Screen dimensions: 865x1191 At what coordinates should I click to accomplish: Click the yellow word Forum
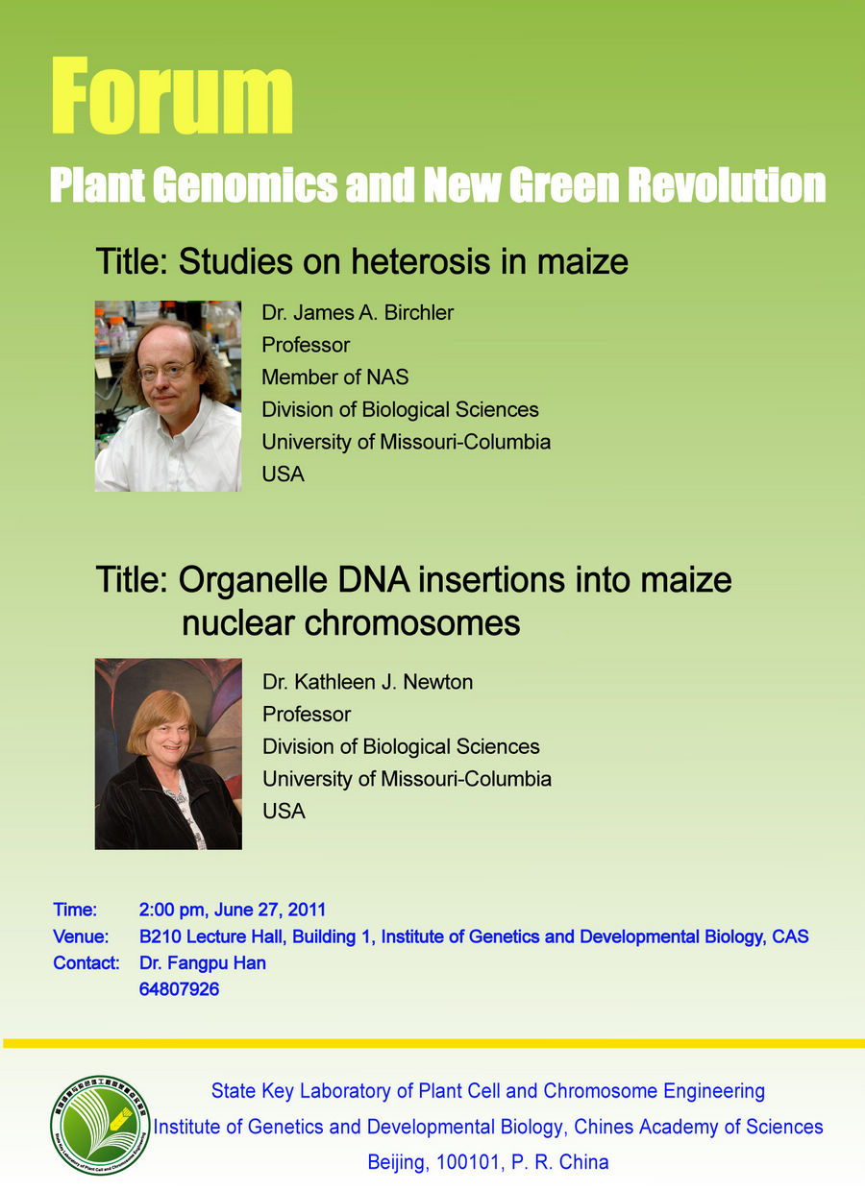click(x=172, y=96)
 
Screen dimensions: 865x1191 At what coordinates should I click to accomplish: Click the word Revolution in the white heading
click(x=727, y=185)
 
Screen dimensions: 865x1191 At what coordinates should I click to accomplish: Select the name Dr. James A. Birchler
click(x=358, y=313)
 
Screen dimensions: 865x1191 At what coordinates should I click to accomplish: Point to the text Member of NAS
click(x=335, y=377)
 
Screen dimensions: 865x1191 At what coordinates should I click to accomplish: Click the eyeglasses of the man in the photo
click(x=166, y=370)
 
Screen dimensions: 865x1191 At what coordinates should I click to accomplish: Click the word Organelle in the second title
click(x=253, y=580)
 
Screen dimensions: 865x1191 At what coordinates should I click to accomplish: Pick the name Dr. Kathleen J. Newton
click(x=367, y=682)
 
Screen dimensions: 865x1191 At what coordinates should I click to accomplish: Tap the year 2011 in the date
click(x=307, y=910)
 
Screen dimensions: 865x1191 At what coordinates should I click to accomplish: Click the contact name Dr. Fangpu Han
click(x=203, y=963)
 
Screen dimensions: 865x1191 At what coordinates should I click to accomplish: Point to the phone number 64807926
click(x=180, y=989)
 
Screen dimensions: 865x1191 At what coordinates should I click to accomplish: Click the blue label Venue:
click(x=81, y=936)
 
